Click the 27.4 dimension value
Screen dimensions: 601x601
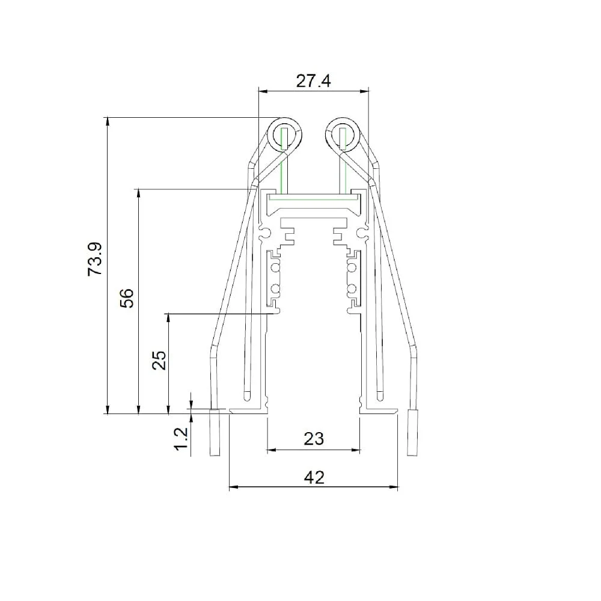(313, 81)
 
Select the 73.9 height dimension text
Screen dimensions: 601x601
(95, 259)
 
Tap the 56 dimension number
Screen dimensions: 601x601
(127, 298)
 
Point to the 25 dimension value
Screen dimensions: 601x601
(159, 360)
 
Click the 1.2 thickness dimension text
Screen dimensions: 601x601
(181, 439)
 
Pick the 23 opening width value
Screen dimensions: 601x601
(314, 439)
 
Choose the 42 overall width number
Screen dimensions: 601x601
(314, 478)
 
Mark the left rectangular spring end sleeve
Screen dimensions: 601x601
(215, 433)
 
